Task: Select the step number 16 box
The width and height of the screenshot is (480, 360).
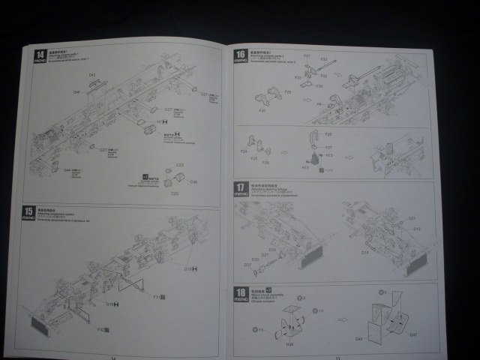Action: (x=241, y=54)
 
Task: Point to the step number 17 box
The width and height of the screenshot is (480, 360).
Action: (x=241, y=187)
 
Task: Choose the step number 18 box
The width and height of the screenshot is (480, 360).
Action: (x=241, y=292)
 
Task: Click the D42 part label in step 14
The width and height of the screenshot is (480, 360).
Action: (x=93, y=74)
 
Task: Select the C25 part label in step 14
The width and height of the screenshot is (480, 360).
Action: (x=178, y=164)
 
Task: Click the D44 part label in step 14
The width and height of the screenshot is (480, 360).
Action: (x=76, y=91)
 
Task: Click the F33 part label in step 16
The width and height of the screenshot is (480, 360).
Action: (x=324, y=59)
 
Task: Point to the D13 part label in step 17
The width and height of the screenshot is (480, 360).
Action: (x=417, y=229)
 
